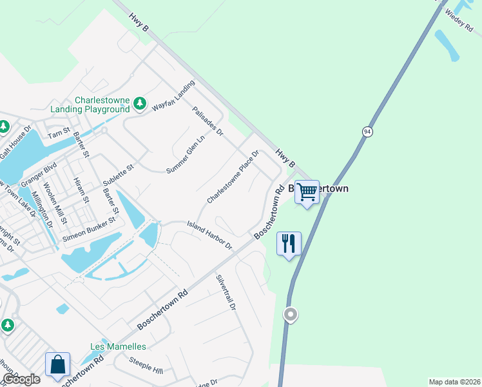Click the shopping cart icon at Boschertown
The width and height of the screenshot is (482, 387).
click(x=307, y=192)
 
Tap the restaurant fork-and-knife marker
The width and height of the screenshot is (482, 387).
click(x=288, y=244)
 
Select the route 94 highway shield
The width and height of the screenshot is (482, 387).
click(x=367, y=132)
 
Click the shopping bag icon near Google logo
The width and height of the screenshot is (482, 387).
click(x=57, y=364)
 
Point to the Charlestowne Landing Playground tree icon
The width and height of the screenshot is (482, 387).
click(x=139, y=103)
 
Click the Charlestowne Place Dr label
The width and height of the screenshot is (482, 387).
click(x=233, y=177)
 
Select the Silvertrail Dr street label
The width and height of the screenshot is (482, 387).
click(x=226, y=293)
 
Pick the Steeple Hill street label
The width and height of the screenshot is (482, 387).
click(x=146, y=364)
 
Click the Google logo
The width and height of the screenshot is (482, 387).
click(x=21, y=379)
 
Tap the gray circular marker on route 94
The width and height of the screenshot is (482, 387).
click(x=291, y=315)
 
